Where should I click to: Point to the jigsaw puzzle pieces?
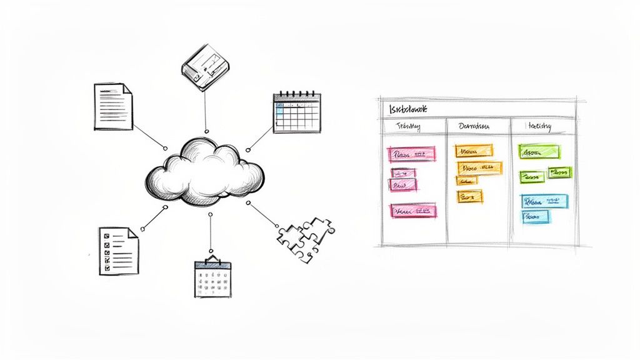tap(305, 238)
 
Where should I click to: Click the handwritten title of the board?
tap(407, 109)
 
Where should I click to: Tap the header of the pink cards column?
tap(409, 127)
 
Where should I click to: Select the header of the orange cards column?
tap(474, 126)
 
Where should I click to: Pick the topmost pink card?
tap(411, 153)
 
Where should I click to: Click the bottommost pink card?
tap(412, 211)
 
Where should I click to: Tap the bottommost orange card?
tap(469, 196)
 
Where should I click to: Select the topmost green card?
tap(539, 152)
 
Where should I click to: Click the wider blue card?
tap(545, 201)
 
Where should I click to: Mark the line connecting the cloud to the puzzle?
tap(263, 213)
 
